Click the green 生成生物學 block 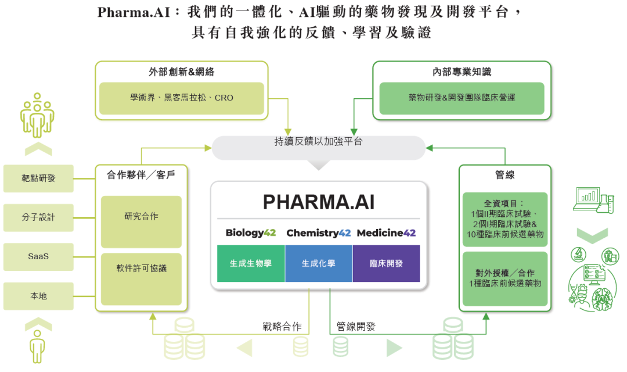point(250,263)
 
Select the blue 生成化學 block point(318,263)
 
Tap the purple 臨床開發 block point(386,263)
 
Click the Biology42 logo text point(250,233)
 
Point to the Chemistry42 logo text point(318,233)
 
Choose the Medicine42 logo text point(386,233)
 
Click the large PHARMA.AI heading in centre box point(318,202)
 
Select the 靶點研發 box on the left point(38,178)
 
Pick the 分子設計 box point(38,217)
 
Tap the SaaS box point(38,256)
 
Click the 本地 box point(38,296)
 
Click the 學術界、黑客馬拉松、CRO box point(181,98)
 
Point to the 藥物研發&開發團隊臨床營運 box point(462,98)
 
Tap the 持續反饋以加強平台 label point(318,141)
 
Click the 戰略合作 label point(282,327)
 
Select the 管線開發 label point(356,327)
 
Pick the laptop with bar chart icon point(587,198)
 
